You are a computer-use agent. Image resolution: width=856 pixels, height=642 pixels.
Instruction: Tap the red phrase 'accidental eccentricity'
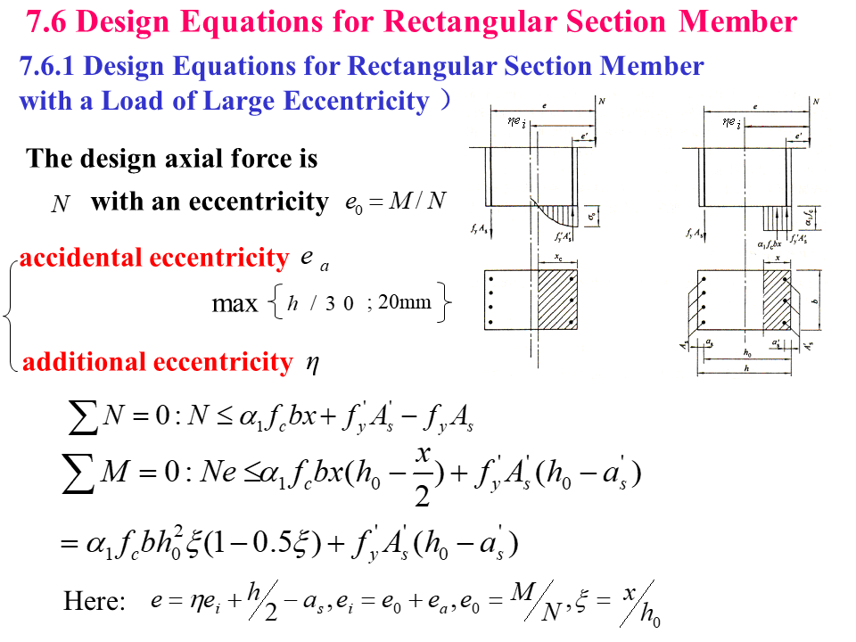154,259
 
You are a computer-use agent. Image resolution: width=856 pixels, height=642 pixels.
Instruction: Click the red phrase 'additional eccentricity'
157,362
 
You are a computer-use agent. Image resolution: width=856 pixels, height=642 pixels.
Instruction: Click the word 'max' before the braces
235,304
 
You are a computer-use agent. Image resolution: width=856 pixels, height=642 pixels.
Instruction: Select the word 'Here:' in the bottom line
95,601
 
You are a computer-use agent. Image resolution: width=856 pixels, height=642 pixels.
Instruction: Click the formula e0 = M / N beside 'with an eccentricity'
394,202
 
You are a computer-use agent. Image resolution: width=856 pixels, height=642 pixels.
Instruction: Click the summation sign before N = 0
83,418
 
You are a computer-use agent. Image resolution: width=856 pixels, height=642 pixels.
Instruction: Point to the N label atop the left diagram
602,103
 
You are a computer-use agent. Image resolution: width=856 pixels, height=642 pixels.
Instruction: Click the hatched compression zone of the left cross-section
557,298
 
